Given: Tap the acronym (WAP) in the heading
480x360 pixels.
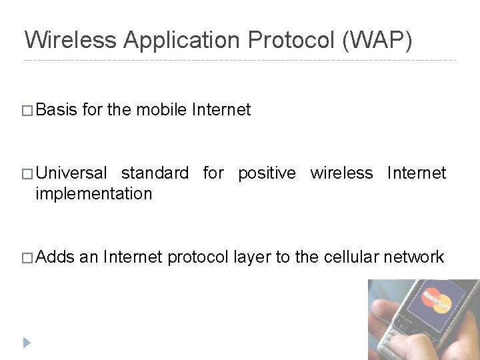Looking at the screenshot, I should pos(377,40).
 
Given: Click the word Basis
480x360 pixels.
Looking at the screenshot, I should pos(57,110).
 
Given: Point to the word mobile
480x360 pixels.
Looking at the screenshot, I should pos(161,110).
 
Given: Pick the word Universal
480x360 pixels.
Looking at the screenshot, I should pos(71,174).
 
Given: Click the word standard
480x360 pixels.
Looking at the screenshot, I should pos(155,174).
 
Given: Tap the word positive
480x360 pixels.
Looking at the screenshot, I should pos(267,174).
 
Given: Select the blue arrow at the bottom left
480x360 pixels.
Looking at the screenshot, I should pos(27,343).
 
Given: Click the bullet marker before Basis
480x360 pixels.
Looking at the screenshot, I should pos(29,111).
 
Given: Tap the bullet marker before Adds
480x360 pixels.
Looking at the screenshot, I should pos(29,258).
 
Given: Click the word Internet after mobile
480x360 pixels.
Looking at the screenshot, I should pos(221,110).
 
